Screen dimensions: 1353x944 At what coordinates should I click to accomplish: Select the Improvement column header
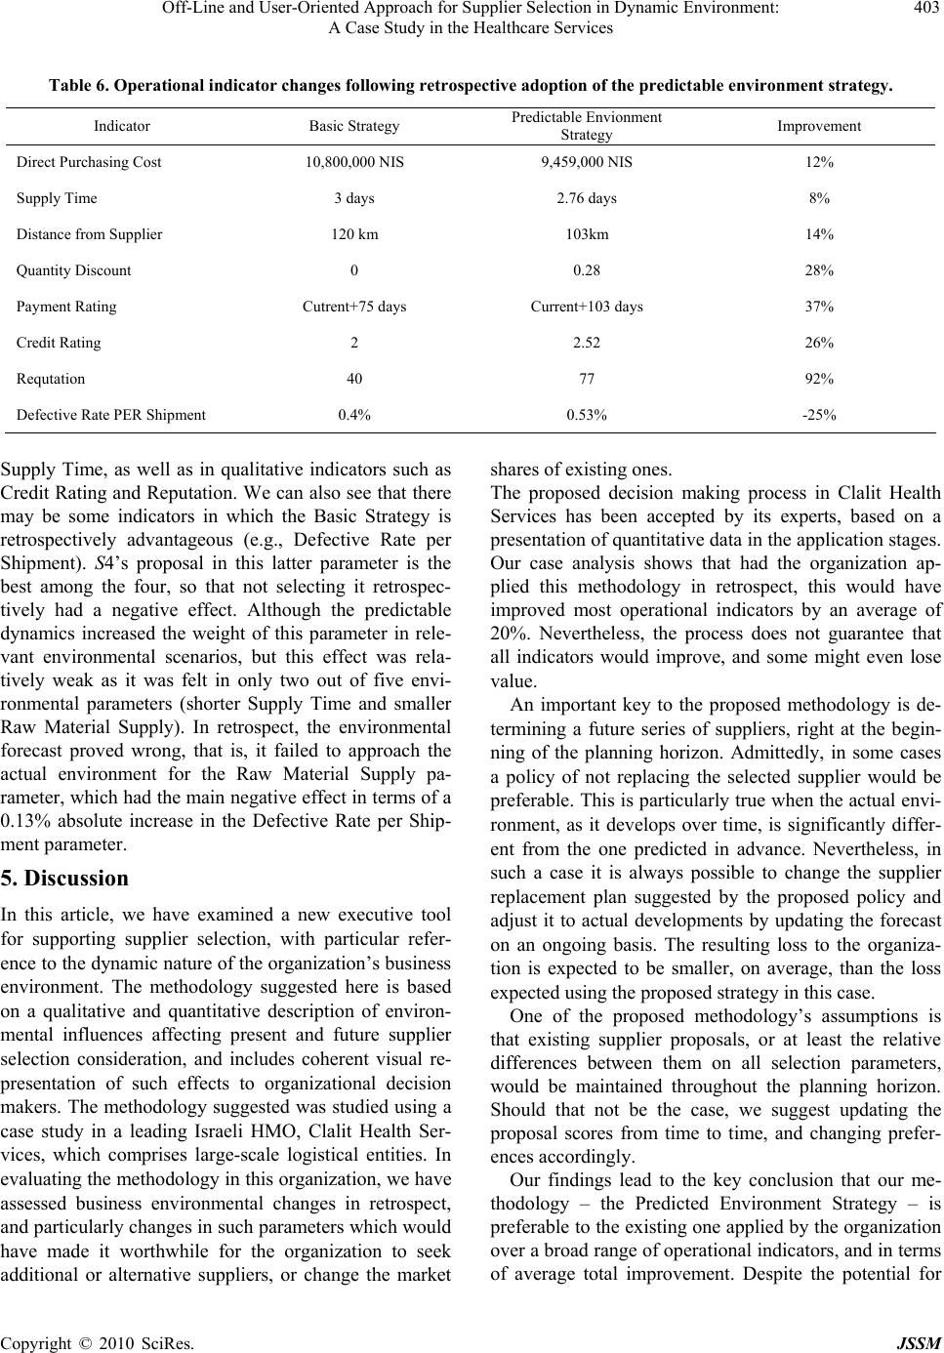tap(819, 126)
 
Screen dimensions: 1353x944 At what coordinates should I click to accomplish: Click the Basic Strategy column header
tap(354, 126)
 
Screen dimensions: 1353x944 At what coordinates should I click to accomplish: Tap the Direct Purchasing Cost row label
tap(89, 162)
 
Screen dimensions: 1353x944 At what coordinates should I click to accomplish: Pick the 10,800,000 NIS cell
tap(354, 162)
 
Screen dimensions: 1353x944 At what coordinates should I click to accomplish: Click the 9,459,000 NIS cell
tap(587, 162)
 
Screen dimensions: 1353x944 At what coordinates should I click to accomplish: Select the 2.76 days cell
tap(587, 198)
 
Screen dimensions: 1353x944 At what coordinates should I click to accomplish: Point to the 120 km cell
tap(354, 234)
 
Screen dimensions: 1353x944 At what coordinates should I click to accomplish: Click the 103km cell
tap(587, 234)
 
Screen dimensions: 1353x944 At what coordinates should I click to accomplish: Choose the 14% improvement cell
tap(819, 234)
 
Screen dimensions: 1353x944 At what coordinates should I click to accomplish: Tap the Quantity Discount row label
tap(73, 270)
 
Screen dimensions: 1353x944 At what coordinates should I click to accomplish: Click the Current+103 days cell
tap(587, 307)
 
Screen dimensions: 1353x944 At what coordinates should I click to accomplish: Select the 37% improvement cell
tap(819, 307)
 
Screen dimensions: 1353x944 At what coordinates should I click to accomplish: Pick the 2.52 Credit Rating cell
tap(587, 343)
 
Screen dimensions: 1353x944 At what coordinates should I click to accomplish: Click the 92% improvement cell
tap(819, 379)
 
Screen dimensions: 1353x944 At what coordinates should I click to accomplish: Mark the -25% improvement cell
tap(819, 415)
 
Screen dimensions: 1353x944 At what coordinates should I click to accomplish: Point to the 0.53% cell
tap(587, 415)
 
